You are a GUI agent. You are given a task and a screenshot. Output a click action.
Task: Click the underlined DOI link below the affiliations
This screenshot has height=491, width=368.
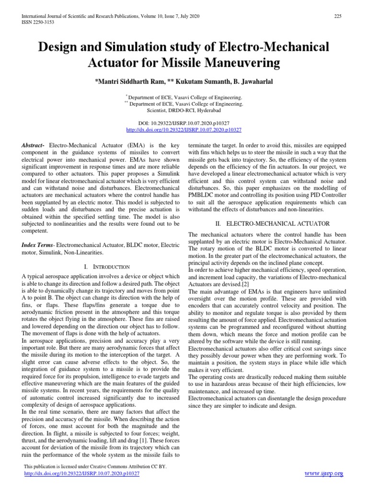(x=184, y=129)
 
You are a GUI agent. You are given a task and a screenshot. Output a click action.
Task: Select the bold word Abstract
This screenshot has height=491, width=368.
(x=33, y=144)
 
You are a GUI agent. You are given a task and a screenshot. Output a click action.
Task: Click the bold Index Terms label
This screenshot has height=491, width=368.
(x=37, y=245)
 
